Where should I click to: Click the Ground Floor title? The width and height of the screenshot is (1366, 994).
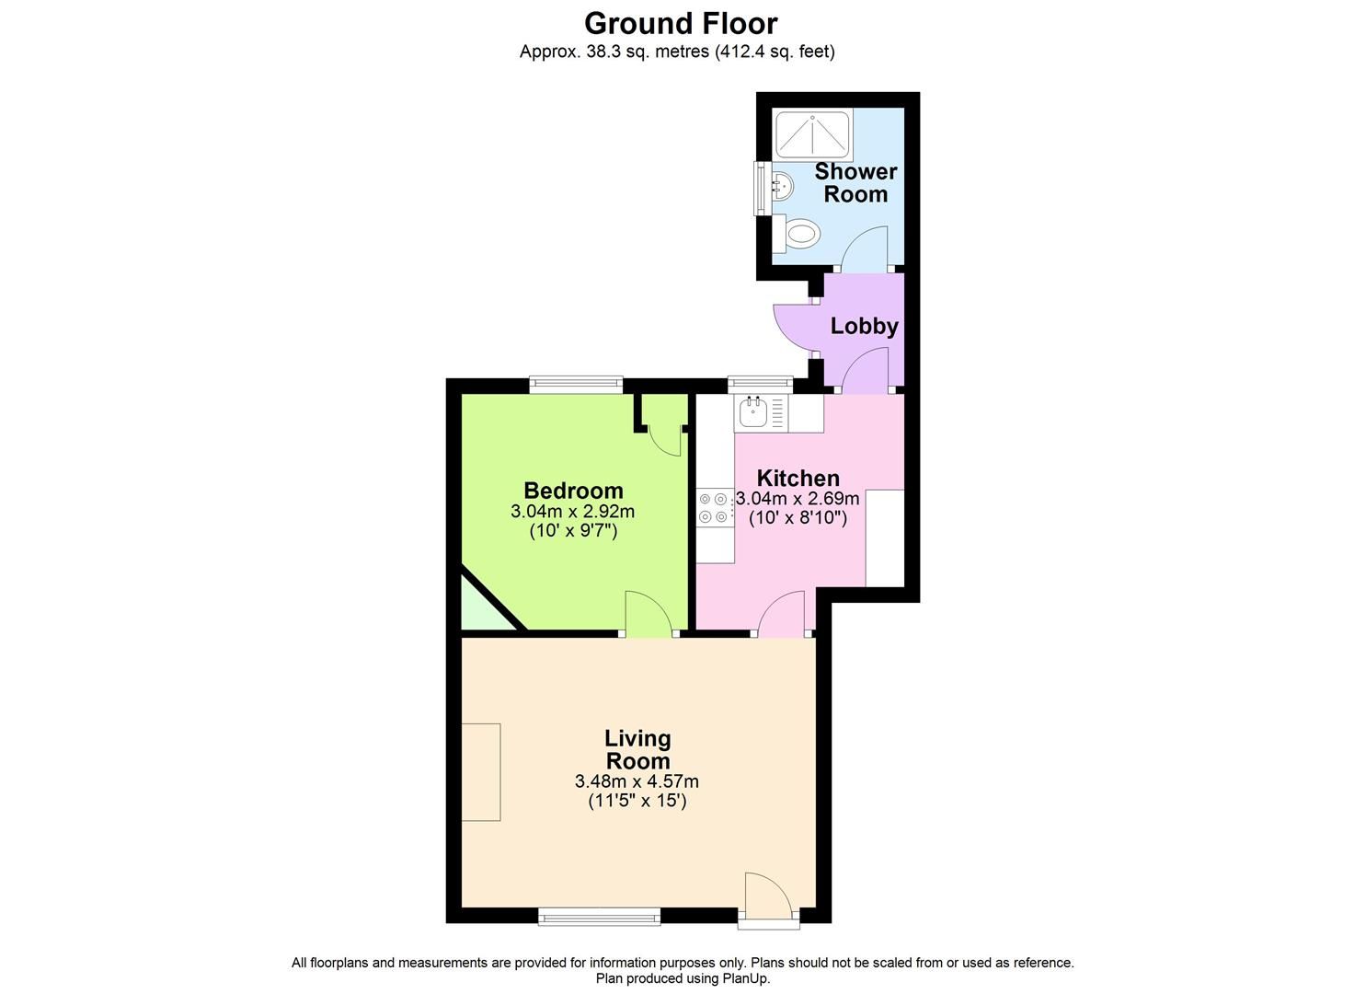coord(681,22)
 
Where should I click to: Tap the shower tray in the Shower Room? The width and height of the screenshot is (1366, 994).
coord(813,134)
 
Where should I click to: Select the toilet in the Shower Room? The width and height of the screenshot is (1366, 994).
coord(797,234)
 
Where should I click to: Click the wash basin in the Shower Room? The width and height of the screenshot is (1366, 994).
coord(780,188)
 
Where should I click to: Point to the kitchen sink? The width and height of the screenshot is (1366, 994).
coord(754,413)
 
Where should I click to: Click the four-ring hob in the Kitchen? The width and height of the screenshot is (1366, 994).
coord(714,507)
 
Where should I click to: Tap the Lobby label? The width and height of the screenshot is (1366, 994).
coord(864,326)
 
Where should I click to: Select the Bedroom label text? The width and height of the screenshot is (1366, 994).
coord(573,491)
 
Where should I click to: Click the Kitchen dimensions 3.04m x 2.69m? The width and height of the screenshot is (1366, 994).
coord(798,499)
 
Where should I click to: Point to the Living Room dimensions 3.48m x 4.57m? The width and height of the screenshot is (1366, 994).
coord(637,781)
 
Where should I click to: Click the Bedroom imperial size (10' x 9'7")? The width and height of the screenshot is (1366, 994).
coord(573,531)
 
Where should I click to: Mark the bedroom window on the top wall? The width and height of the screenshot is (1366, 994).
coord(576,384)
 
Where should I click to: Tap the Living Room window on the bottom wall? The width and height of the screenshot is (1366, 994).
coord(599,915)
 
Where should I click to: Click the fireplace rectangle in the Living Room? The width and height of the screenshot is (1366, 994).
coord(481,771)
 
